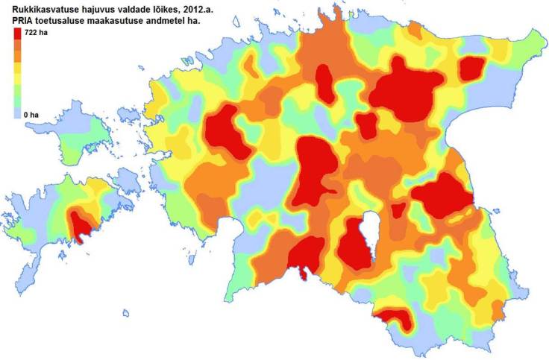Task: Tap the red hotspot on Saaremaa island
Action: (x=81, y=224)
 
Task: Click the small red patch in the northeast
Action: (x=471, y=69)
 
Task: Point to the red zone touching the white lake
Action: (x=352, y=246)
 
